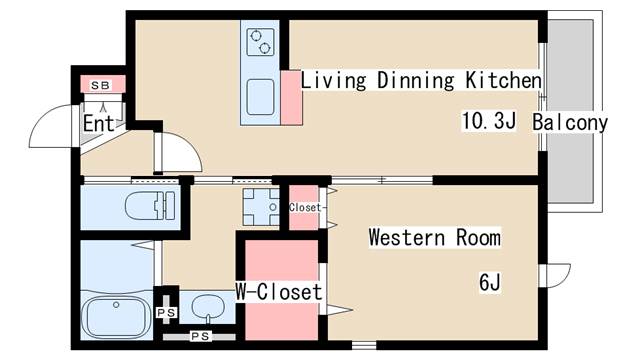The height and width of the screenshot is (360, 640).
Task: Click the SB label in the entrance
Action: pos(100,85)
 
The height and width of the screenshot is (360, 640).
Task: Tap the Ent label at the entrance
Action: pos(98,123)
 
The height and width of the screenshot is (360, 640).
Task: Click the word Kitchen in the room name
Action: pos(504,80)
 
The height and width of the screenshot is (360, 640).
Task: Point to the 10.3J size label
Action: pos(489,121)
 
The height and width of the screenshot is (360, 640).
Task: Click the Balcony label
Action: pos(570,122)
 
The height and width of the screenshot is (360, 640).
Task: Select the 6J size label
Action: pos(489,282)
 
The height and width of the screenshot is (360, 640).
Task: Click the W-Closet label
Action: pos(279,291)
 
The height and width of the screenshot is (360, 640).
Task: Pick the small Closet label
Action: pos(305,207)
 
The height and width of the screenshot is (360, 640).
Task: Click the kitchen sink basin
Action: pos(260,97)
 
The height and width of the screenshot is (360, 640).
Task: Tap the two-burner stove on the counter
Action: pos(260,42)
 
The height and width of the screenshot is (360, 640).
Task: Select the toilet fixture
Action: pos(150,206)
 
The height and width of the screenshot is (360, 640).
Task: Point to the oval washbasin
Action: pos(208,306)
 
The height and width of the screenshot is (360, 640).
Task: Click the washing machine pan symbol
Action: pos(261,207)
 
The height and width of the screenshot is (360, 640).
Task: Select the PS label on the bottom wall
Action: pos(200,336)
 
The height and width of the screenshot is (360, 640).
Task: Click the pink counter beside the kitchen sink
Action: pos(292,98)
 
